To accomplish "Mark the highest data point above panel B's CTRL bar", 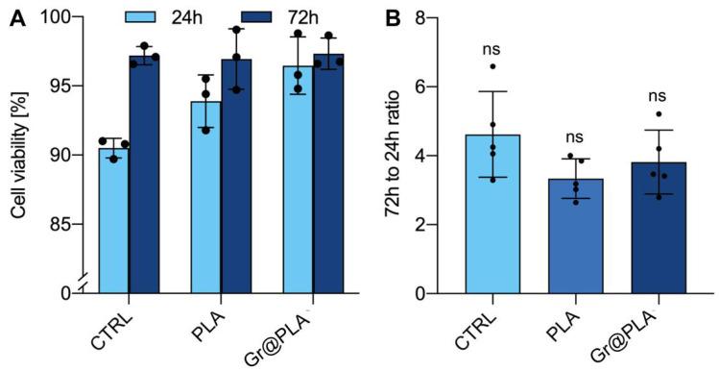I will (493, 66).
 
